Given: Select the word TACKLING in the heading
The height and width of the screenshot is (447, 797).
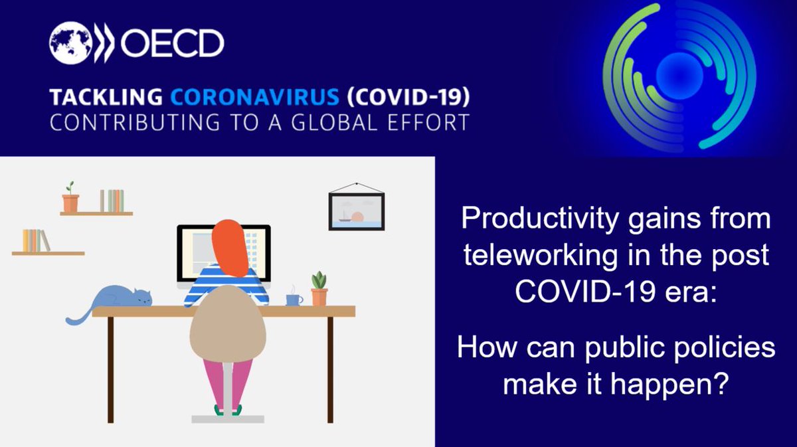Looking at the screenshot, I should (106, 97).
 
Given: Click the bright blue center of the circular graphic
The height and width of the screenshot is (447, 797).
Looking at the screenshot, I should (678, 70).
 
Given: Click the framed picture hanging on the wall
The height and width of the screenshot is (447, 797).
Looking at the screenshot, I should (356, 211).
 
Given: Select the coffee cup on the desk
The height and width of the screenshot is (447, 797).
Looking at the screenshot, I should (292, 299).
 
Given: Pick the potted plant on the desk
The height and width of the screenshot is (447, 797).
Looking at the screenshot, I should (319, 290).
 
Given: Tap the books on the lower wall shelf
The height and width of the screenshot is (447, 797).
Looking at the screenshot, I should (36, 240).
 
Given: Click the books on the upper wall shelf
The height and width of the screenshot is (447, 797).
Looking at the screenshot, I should (112, 201).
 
